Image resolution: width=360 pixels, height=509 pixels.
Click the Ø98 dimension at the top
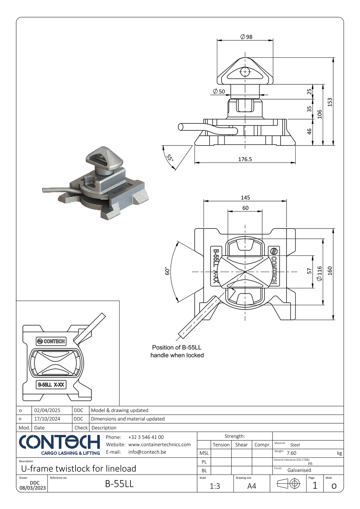[246, 37]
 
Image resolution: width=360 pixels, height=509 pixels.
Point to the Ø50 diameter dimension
[219, 91]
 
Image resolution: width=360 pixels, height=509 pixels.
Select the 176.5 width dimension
[245, 159]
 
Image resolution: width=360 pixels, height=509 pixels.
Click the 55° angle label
[170, 157]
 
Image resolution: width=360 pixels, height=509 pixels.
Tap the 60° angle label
[167, 271]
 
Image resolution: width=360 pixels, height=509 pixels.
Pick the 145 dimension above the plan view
[245, 198]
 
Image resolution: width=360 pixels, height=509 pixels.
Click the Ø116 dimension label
[319, 273]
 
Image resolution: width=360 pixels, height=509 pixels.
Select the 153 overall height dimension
[330, 102]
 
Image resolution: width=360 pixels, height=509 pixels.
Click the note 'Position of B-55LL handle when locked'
[177, 351]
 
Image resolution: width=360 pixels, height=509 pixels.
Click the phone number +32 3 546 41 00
[146, 437]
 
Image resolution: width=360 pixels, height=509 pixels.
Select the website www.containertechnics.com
[159, 445]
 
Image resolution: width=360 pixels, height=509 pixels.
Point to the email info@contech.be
[147, 452]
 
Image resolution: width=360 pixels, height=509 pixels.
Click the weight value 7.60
[291, 453]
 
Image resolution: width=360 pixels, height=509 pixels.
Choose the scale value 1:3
[215, 486]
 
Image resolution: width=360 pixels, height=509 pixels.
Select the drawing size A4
[252, 486]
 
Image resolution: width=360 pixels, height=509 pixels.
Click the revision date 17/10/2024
[47, 419]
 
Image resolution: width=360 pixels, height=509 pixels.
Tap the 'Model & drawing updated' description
[120, 411]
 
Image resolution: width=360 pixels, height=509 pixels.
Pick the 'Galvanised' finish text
[299, 470]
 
